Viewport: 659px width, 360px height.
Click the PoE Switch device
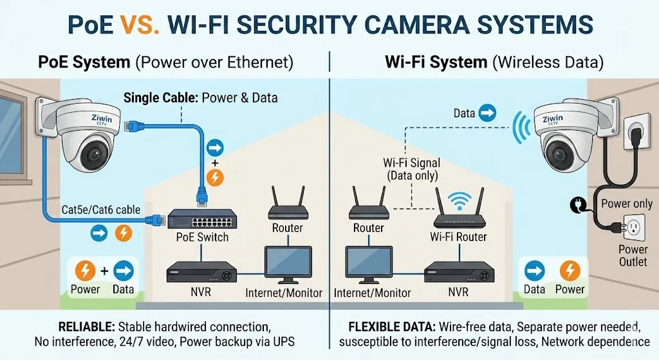pos(201,220)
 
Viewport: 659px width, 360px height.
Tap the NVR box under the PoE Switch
pos(201,272)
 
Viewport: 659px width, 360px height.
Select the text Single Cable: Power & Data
pos(200,98)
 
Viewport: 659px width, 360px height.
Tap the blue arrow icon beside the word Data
pos(488,114)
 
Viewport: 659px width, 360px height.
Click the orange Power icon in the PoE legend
pos(86,270)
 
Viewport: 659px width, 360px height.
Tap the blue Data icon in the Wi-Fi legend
pos(535,270)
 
